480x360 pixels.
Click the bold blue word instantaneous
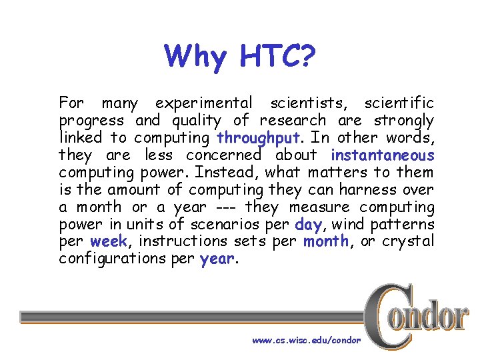(x=382, y=155)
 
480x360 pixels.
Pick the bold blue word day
(x=308, y=225)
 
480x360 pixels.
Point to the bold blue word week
(x=109, y=241)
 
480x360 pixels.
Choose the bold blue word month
(x=326, y=241)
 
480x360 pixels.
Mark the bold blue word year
(x=217, y=259)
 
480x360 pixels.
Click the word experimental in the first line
(x=203, y=104)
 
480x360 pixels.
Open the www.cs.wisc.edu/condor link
(x=306, y=340)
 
